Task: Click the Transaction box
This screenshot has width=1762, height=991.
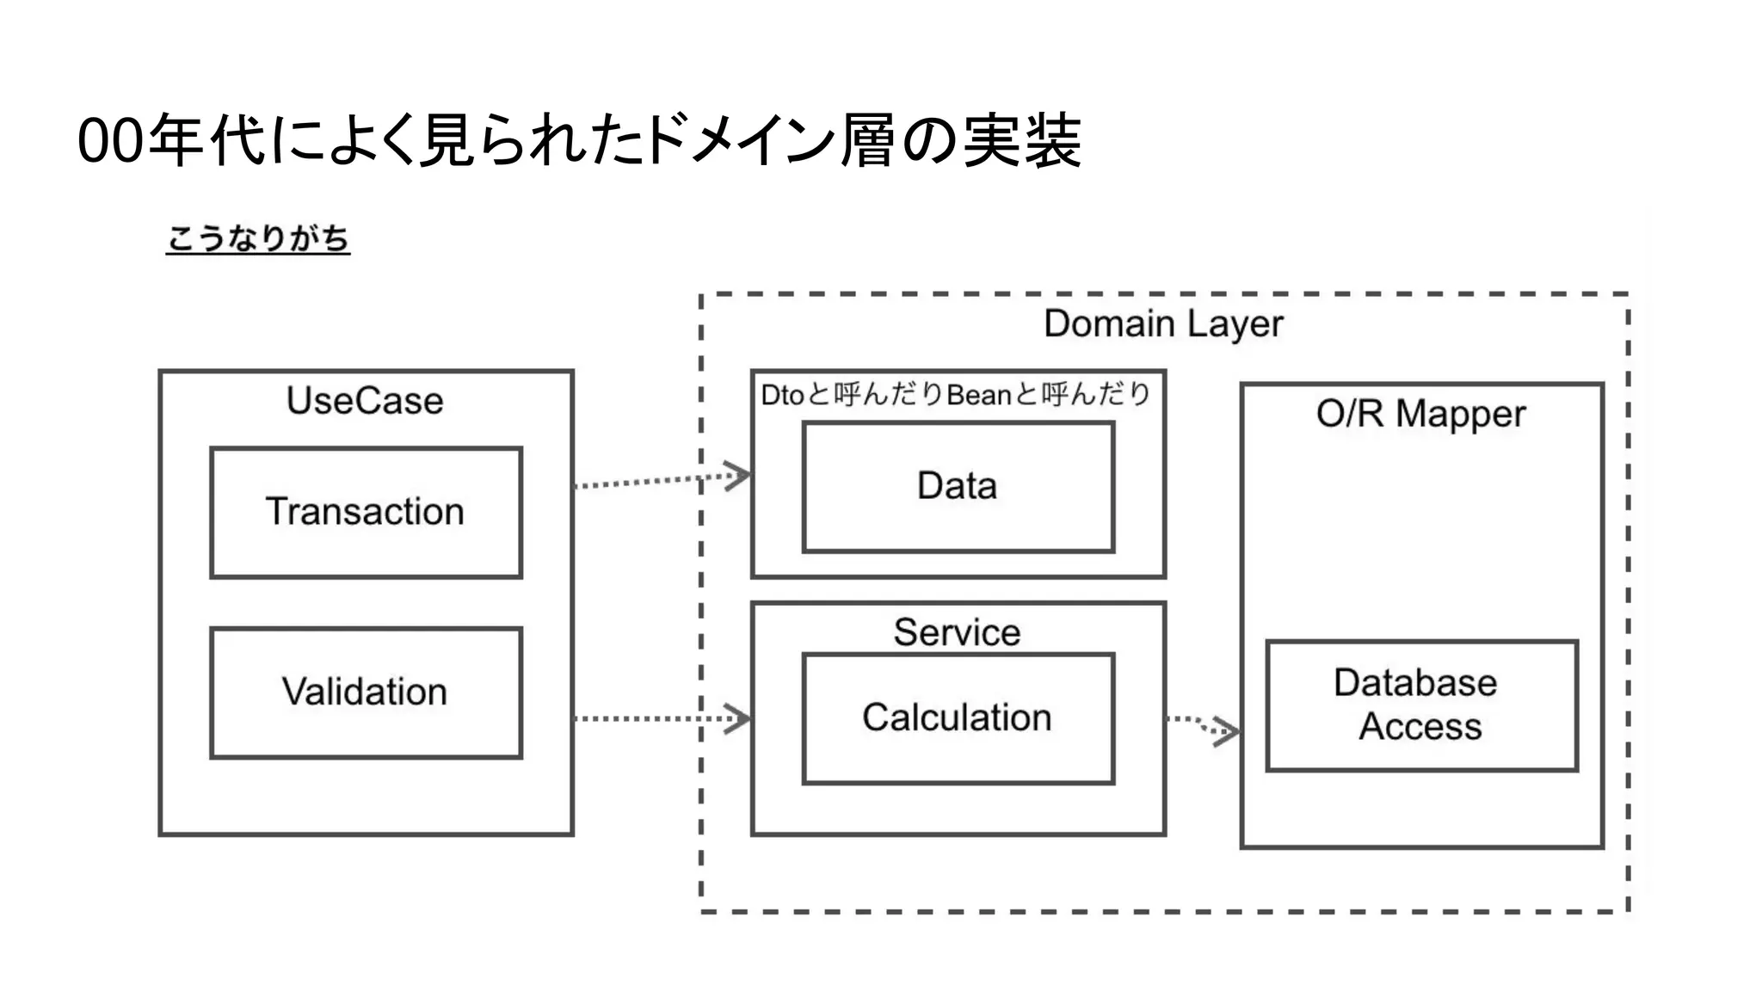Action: (x=366, y=512)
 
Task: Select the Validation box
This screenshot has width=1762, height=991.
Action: (x=366, y=692)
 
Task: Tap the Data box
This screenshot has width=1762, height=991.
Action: (x=958, y=487)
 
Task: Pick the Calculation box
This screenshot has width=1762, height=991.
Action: (x=958, y=718)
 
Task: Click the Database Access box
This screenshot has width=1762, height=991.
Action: (x=1421, y=705)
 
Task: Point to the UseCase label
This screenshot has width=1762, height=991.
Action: (x=365, y=401)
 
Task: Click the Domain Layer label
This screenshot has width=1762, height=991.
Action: (x=1163, y=324)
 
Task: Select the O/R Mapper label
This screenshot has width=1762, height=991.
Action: (x=1420, y=415)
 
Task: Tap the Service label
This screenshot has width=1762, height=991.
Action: (x=957, y=632)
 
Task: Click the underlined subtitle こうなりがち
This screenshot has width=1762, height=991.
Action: (x=257, y=238)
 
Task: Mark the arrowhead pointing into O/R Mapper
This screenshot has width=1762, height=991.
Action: (x=1229, y=732)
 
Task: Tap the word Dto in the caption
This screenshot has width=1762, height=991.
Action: (x=782, y=395)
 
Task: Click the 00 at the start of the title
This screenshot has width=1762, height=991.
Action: (x=109, y=142)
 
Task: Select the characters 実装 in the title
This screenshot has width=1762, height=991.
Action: (x=1020, y=140)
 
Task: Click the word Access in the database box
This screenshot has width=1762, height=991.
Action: (x=1420, y=728)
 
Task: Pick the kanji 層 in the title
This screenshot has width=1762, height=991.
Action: (x=867, y=140)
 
